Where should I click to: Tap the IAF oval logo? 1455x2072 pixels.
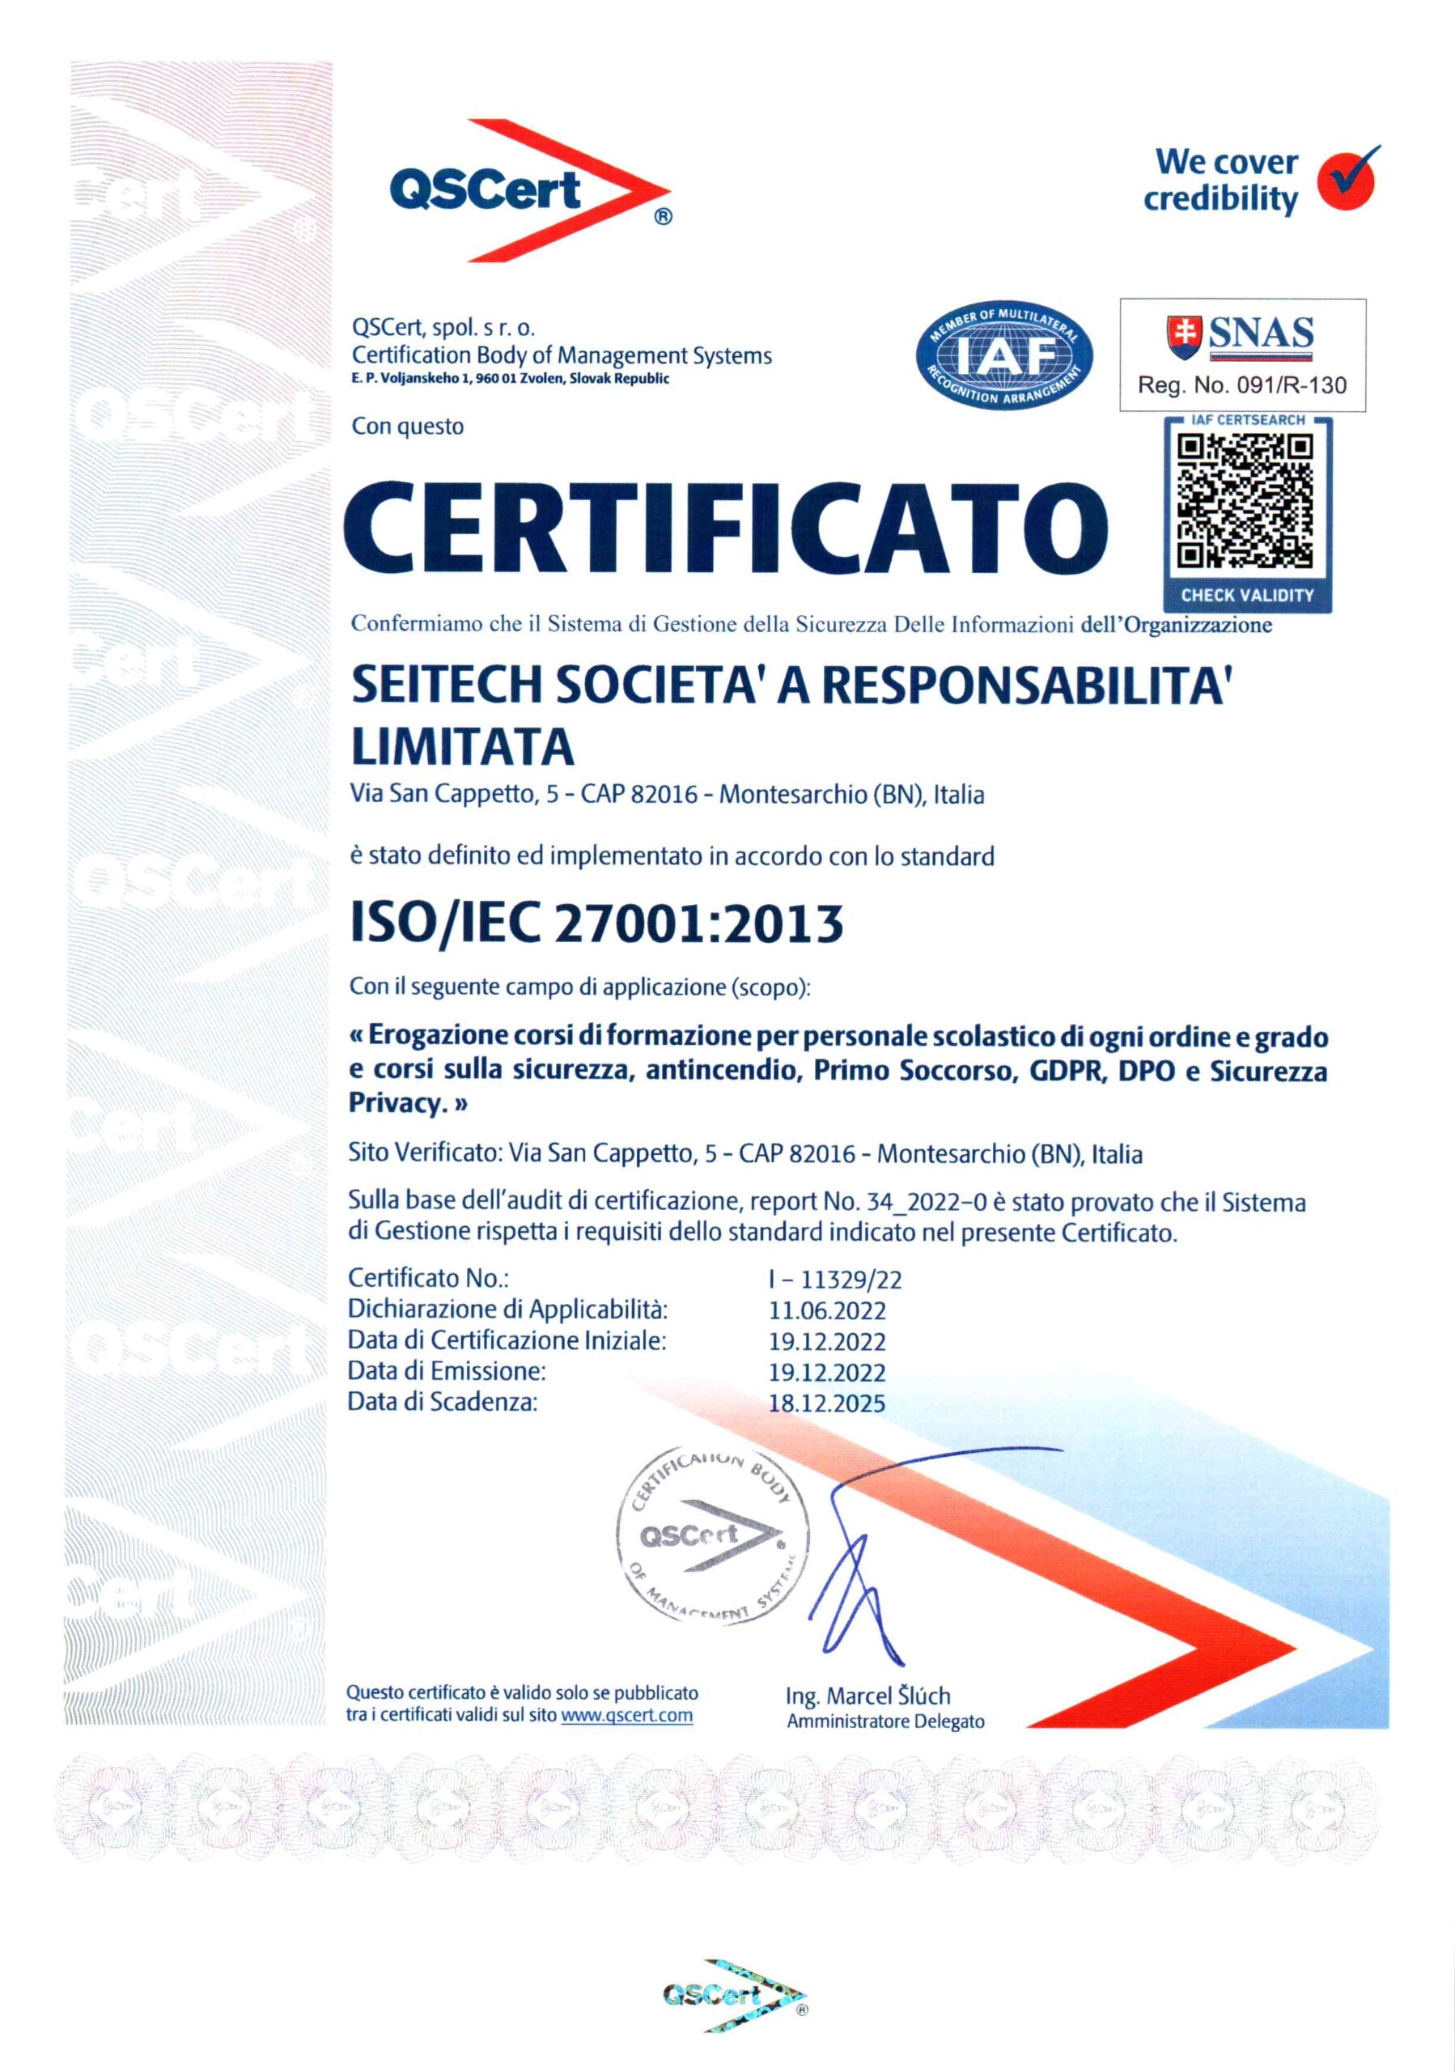[1004, 355]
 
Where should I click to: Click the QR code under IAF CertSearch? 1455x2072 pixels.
[1245, 501]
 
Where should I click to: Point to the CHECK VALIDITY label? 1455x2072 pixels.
[1247, 596]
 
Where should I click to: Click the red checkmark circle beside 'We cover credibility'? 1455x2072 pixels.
[1347, 178]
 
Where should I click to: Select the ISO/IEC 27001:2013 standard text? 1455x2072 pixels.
[596, 923]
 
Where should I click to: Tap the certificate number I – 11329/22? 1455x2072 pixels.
[834, 1280]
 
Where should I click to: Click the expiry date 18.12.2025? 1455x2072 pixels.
[826, 1403]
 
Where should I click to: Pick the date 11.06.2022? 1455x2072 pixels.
[826, 1310]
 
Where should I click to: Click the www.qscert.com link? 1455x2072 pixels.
[626, 1714]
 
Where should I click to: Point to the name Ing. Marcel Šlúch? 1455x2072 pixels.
[867, 1696]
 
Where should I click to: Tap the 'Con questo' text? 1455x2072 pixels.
[408, 426]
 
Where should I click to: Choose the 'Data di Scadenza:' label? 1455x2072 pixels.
[442, 1403]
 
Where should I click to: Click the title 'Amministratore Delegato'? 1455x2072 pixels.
[885, 1721]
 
